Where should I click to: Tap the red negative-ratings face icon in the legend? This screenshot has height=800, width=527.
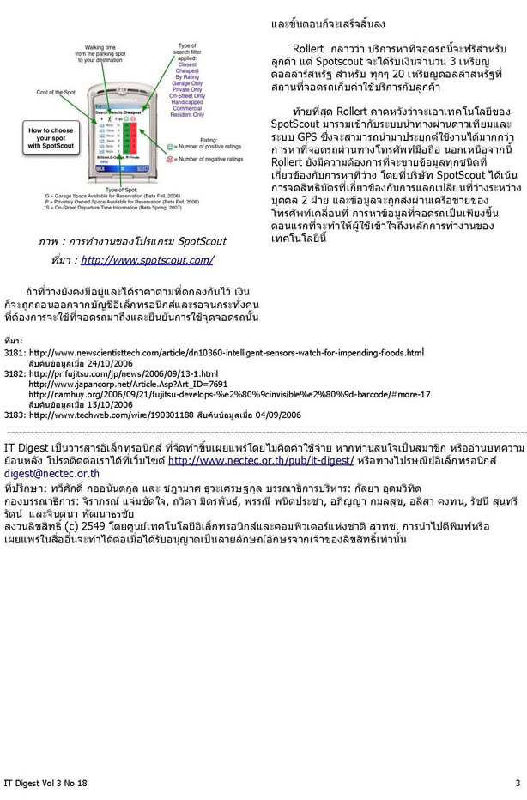tap(170, 160)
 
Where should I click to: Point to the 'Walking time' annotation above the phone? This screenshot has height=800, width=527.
tap(100, 49)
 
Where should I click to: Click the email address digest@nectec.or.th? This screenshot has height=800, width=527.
tap(51, 473)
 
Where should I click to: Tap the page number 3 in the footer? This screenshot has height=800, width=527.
tap(518, 783)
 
